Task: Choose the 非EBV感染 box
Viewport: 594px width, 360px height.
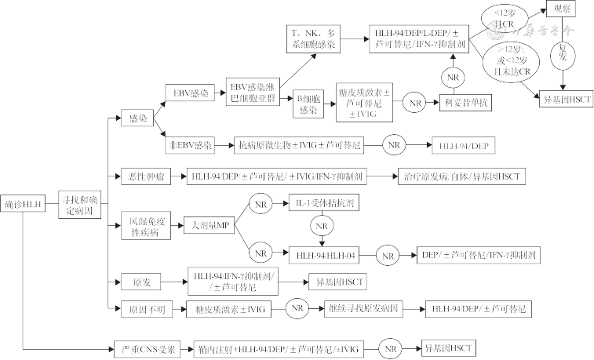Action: (191, 146)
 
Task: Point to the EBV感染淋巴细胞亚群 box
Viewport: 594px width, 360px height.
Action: (253, 93)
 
